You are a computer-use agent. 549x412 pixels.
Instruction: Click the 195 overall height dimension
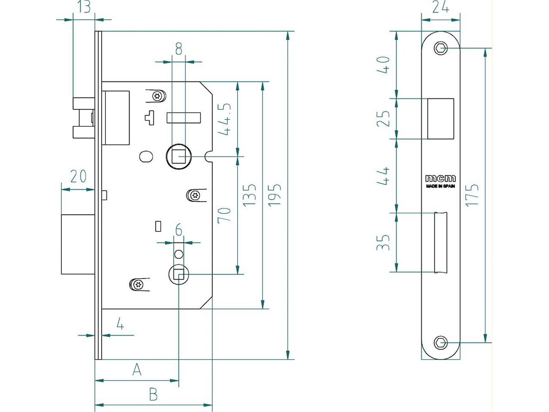(274, 194)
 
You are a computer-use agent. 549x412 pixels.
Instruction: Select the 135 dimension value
(250, 194)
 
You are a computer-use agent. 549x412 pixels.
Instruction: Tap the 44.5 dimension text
(225, 119)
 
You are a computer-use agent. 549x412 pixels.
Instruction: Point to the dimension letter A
(137, 369)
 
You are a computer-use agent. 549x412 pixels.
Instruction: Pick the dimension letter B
(153, 394)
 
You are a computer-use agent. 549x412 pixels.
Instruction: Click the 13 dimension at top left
(84, 7)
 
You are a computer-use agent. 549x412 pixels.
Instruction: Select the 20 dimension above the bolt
(78, 176)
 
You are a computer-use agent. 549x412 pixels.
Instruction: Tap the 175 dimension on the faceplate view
(472, 194)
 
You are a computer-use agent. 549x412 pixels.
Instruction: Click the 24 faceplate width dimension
(440, 7)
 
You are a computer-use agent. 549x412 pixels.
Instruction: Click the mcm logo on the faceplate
(440, 178)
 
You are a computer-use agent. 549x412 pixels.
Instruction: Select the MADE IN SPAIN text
(440, 186)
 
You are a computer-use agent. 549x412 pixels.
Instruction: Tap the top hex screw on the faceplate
(441, 48)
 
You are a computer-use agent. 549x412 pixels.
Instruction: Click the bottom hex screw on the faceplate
(441, 342)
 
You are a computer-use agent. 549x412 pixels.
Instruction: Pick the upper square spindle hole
(179, 157)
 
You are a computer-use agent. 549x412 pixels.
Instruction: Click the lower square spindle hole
(178, 274)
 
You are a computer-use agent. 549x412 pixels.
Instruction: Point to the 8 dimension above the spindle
(178, 49)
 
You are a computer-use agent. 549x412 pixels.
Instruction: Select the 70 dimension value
(225, 215)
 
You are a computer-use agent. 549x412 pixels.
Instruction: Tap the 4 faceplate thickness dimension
(120, 324)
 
